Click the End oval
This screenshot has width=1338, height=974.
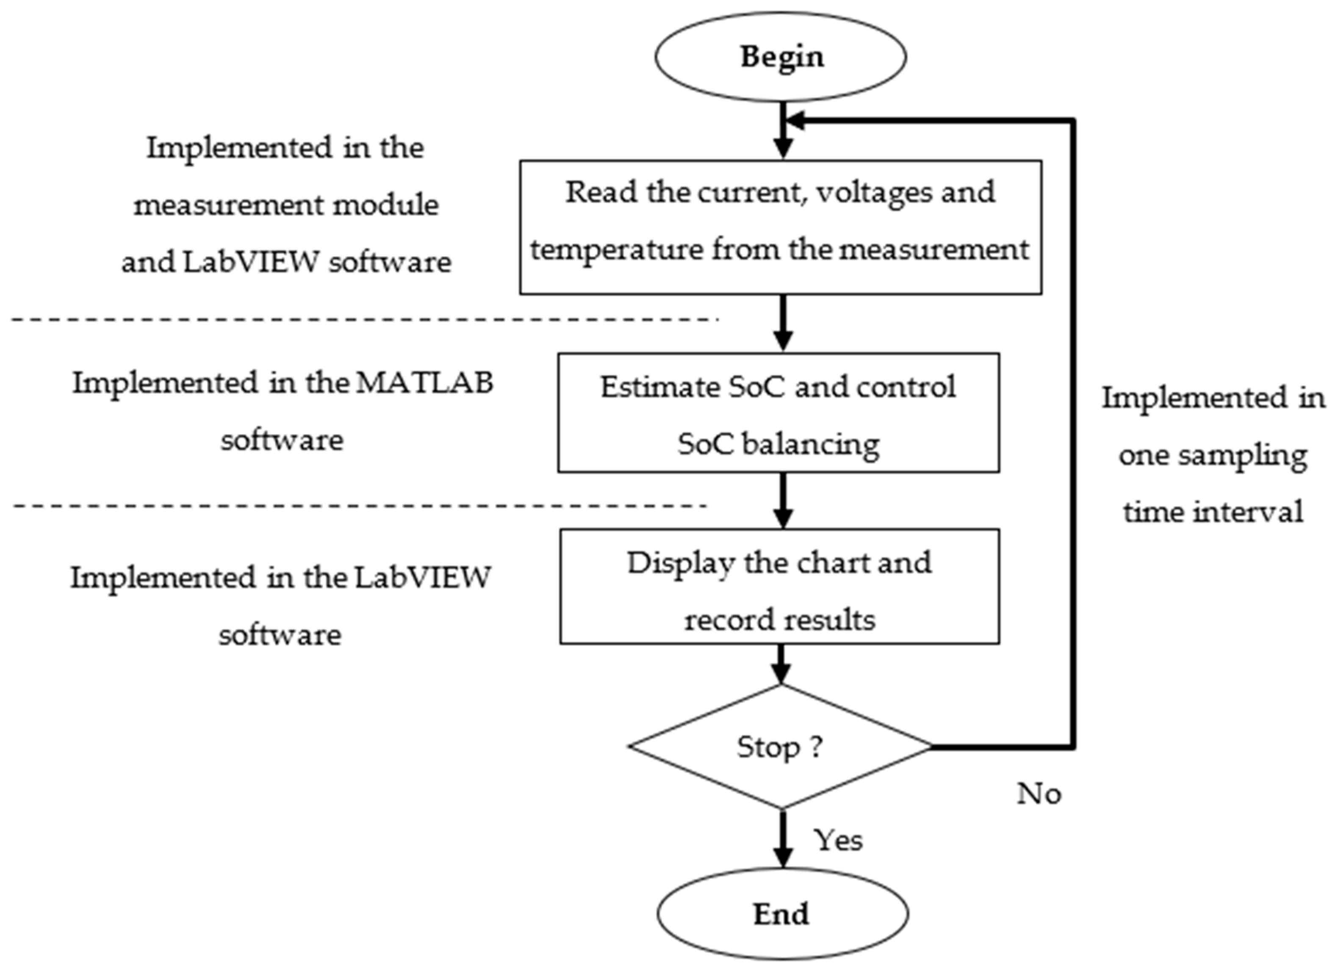(782, 914)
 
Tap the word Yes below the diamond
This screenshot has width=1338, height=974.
(838, 840)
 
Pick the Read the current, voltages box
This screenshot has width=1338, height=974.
(780, 227)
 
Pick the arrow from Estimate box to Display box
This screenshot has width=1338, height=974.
(782, 500)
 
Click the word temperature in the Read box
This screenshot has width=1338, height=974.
(617, 249)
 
